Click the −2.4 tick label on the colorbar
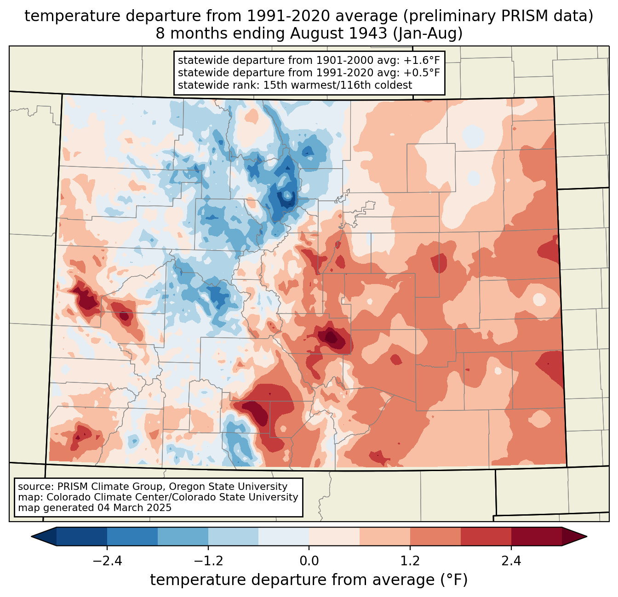click(107, 561)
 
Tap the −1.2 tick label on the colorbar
click(208, 561)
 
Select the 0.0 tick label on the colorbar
click(309, 561)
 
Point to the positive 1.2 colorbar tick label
click(410, 561)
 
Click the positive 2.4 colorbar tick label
click(511, 561)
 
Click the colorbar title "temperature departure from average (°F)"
click(309, 580)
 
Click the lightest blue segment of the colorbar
click(284, 536)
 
